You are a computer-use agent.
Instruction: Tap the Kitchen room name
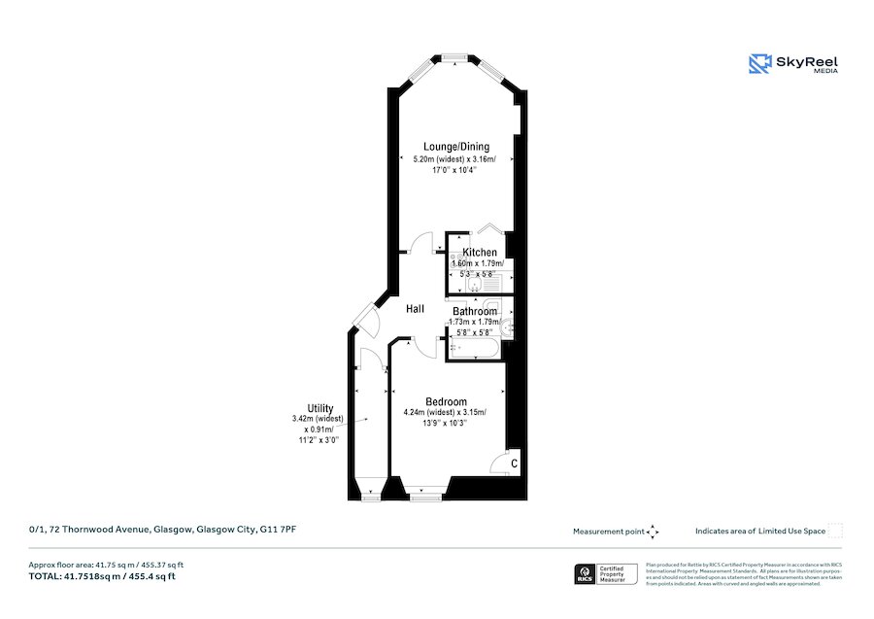pyautogui.click(x=479, y=253)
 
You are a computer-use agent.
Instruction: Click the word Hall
pyautogui.click(x=415, y=309)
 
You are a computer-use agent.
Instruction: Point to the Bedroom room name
pyautogui.click(x=446, y=402)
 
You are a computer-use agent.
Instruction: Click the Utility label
pyautogui.click(x=320, y=409)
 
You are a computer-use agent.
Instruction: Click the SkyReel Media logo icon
pyautogui.click(x=759, y=64)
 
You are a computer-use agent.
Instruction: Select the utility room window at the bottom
pyautogui.click(x=369, y=497)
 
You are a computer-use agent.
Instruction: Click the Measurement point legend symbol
pyautogui.click(x=653, y=532)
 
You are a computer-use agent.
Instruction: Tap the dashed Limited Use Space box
pyautogui.click(x=835, y=531)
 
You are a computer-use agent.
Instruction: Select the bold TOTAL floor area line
pyautogui.click(x=102, y=576)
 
